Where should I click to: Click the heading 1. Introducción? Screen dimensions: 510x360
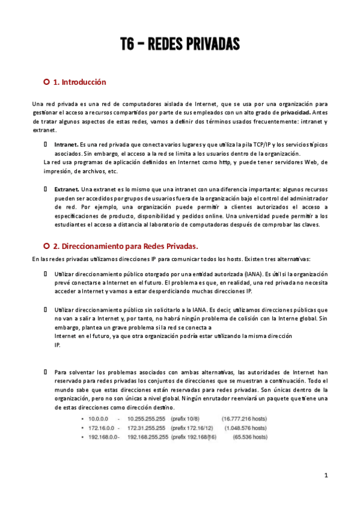[80, 82]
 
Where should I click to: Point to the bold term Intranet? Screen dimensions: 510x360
[66, 145]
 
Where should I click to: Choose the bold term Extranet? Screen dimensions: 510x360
[67, 189]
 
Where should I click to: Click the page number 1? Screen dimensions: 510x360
[326, 475]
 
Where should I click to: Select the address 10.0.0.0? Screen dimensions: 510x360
[97, 418]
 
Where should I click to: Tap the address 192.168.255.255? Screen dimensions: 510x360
[149, 436]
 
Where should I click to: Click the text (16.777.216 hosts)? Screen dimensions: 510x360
[244, 418]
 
